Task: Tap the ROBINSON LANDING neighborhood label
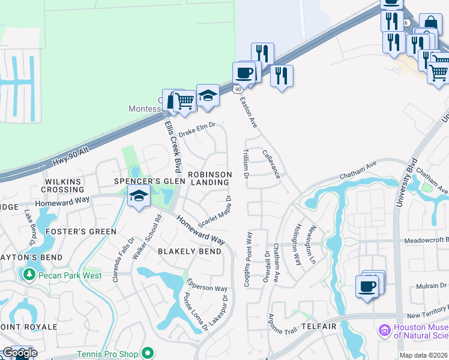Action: coord(209,178)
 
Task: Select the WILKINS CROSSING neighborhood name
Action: coord(62,185)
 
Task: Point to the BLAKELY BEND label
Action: coord(190,251)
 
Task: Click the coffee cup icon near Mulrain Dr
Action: coord(366,286)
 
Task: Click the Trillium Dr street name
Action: coord(246,164)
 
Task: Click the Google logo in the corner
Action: coord(19,353)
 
